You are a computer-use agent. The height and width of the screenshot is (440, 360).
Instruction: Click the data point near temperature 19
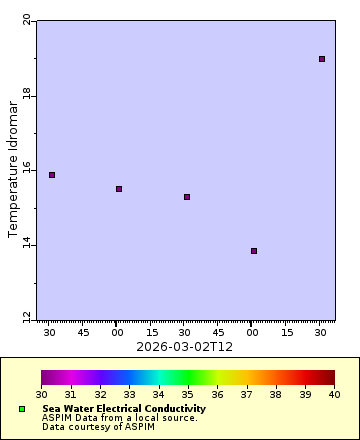(x=322, y=59)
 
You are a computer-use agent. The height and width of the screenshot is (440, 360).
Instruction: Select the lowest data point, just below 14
(x=254, y=251)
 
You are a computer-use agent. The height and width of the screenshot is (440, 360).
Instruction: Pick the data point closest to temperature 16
(x=52, y=175)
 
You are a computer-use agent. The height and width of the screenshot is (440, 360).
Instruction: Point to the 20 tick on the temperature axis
(x=27, y=21)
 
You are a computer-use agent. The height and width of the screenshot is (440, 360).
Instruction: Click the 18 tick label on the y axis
(x=27, y=95)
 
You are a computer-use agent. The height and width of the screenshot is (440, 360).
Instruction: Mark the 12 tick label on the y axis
(x=27, y=318)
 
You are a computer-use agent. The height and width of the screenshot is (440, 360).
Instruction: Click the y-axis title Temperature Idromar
(x=14, y=168)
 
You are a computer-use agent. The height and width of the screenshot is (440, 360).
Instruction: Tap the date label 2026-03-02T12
(x=185, y=346)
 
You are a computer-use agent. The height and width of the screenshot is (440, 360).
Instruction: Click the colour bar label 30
(x=42, y=396)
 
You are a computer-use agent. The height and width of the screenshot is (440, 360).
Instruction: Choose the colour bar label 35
(x=188, y=396)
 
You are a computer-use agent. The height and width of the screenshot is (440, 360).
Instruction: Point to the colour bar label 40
(x=334, y=396)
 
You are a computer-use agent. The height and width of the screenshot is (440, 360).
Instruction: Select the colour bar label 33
(x=129, y=396)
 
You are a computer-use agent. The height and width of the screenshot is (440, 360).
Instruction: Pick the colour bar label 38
(x=276, y=396)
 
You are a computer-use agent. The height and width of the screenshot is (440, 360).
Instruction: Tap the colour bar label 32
(x=100, y=396)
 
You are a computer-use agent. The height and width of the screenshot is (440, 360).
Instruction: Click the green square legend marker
(x=22, y=410)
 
